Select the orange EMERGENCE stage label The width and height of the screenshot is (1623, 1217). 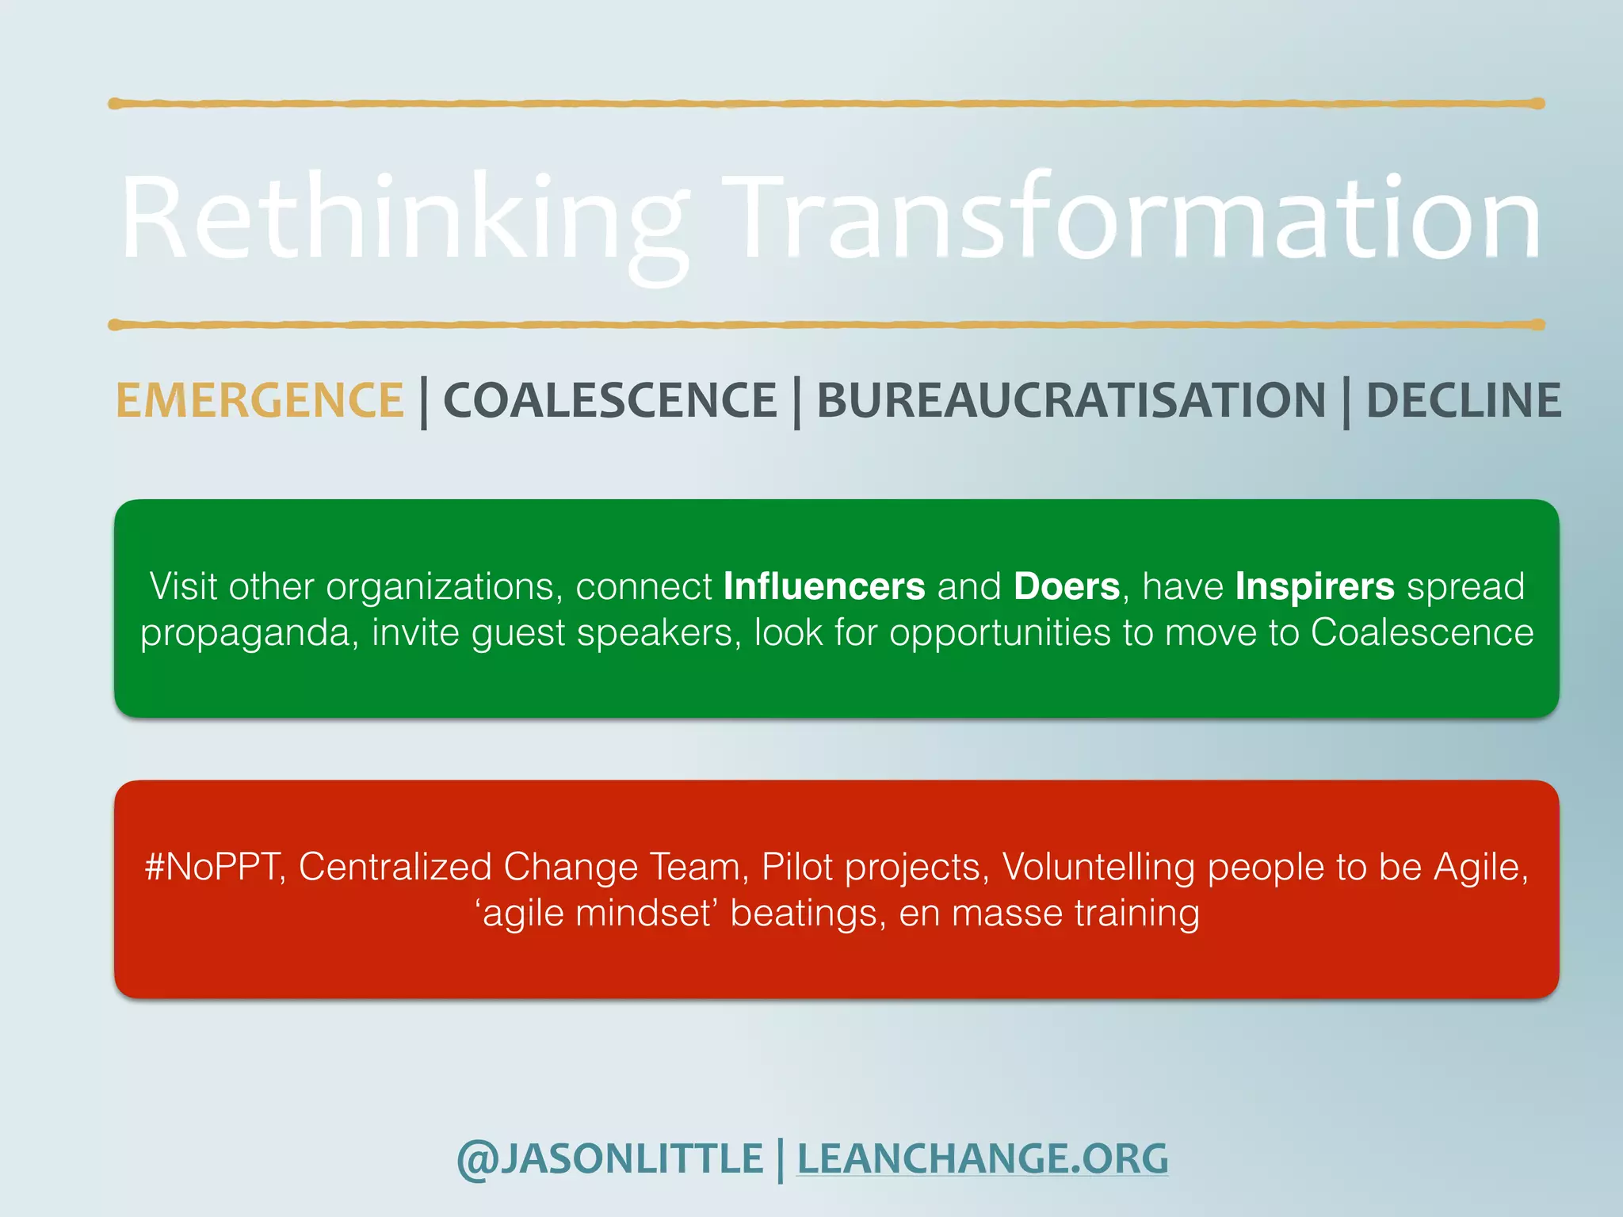260,400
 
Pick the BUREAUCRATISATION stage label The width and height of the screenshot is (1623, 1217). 1071,400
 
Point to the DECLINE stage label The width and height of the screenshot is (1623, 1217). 1464,400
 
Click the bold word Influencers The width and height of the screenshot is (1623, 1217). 824,587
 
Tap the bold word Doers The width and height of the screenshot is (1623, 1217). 1067,587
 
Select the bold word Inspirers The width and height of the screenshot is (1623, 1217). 1315,587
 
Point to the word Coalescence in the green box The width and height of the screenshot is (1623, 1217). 1422,632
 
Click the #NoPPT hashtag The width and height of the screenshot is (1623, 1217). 212,867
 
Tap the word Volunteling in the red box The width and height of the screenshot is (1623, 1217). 1098,867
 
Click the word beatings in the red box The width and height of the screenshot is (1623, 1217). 804,914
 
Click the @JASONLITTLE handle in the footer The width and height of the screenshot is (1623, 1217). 609,1159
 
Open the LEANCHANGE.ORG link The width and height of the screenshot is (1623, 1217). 982,1159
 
